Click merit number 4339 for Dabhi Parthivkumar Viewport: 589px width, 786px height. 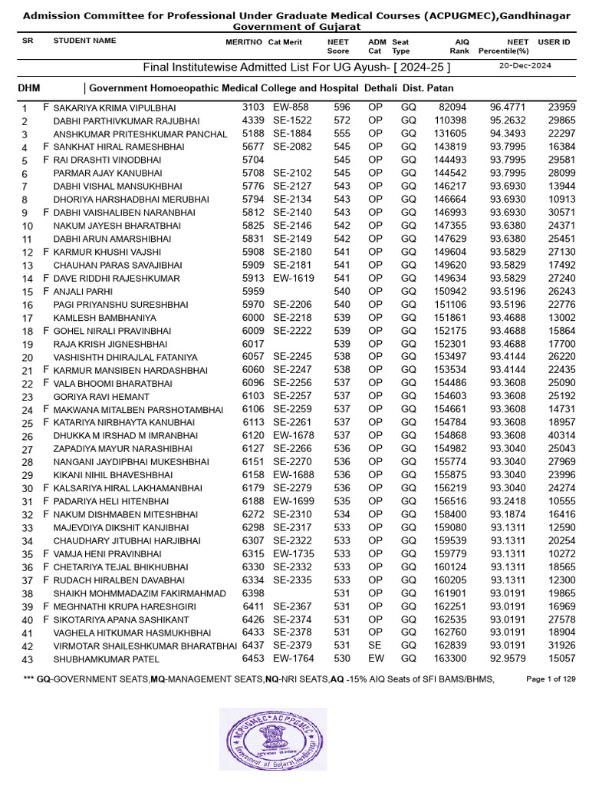click(x=253, y=121)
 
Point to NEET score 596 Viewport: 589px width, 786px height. click(x=342, y=108)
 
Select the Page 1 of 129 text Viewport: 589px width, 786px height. click(x=551, y=679)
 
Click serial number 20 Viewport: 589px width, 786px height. click(x=28, y=358)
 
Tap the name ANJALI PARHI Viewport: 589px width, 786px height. click(x=83, y=292)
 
